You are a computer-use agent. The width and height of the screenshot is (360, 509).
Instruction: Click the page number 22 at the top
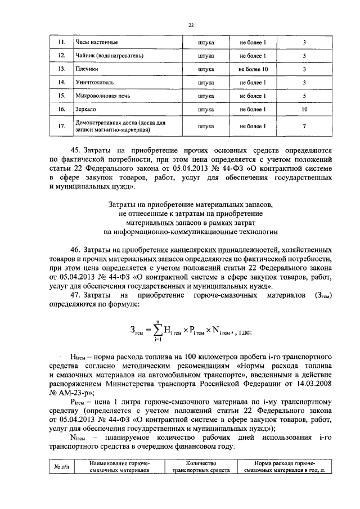point(191,24)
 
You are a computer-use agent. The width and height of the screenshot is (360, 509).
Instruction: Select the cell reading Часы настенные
point(96,43)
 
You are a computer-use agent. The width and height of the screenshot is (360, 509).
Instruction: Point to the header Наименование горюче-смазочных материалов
point(119,467)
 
